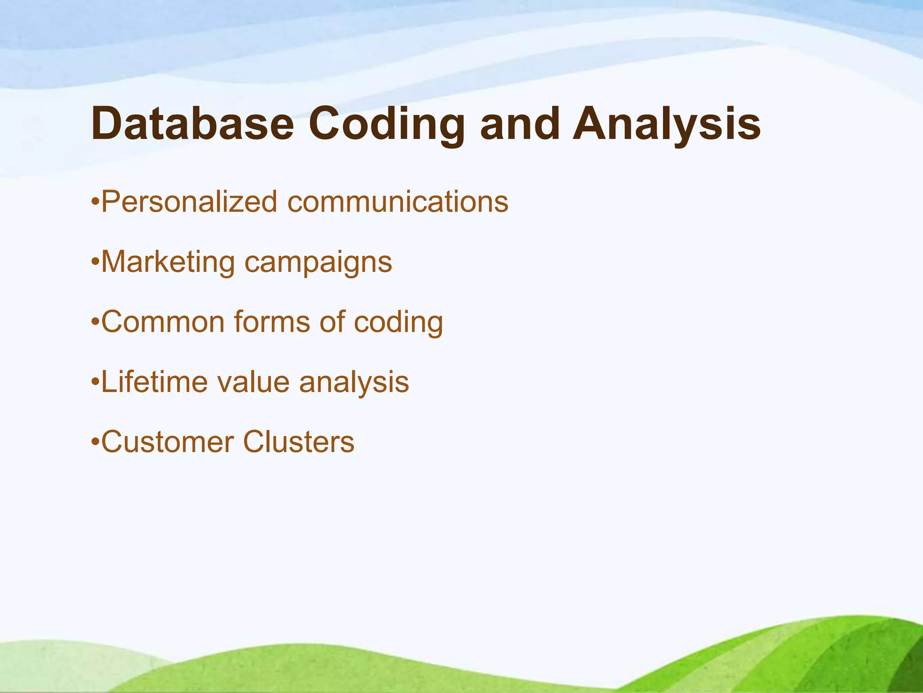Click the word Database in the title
(192, 123)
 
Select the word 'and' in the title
(520, 123)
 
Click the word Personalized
(189, 202)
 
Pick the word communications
(398, 202)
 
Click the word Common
(163, 322)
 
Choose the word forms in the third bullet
(272, 322)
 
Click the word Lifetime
(154, 382)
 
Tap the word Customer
(167, 442)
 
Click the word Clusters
(299, 442)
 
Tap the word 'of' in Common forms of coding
(332, 322)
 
